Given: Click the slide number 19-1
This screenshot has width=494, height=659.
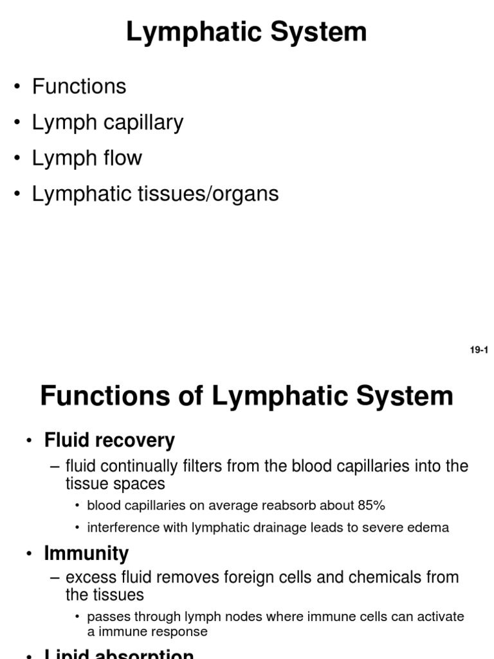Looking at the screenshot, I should click(479, 350).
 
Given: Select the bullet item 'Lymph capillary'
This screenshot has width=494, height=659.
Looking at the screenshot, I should click(107, 122).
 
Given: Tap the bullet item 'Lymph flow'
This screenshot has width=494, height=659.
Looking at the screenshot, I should click(87, 158).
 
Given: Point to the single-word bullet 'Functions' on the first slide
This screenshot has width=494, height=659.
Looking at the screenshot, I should click(79, 86).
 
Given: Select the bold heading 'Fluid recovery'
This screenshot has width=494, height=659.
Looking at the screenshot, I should click(109, 440).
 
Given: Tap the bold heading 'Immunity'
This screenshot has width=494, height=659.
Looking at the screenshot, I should click(86, 553).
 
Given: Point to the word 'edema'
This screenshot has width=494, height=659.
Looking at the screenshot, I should click(430, 528).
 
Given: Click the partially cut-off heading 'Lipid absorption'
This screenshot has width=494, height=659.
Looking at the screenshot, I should click(119, 653).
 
